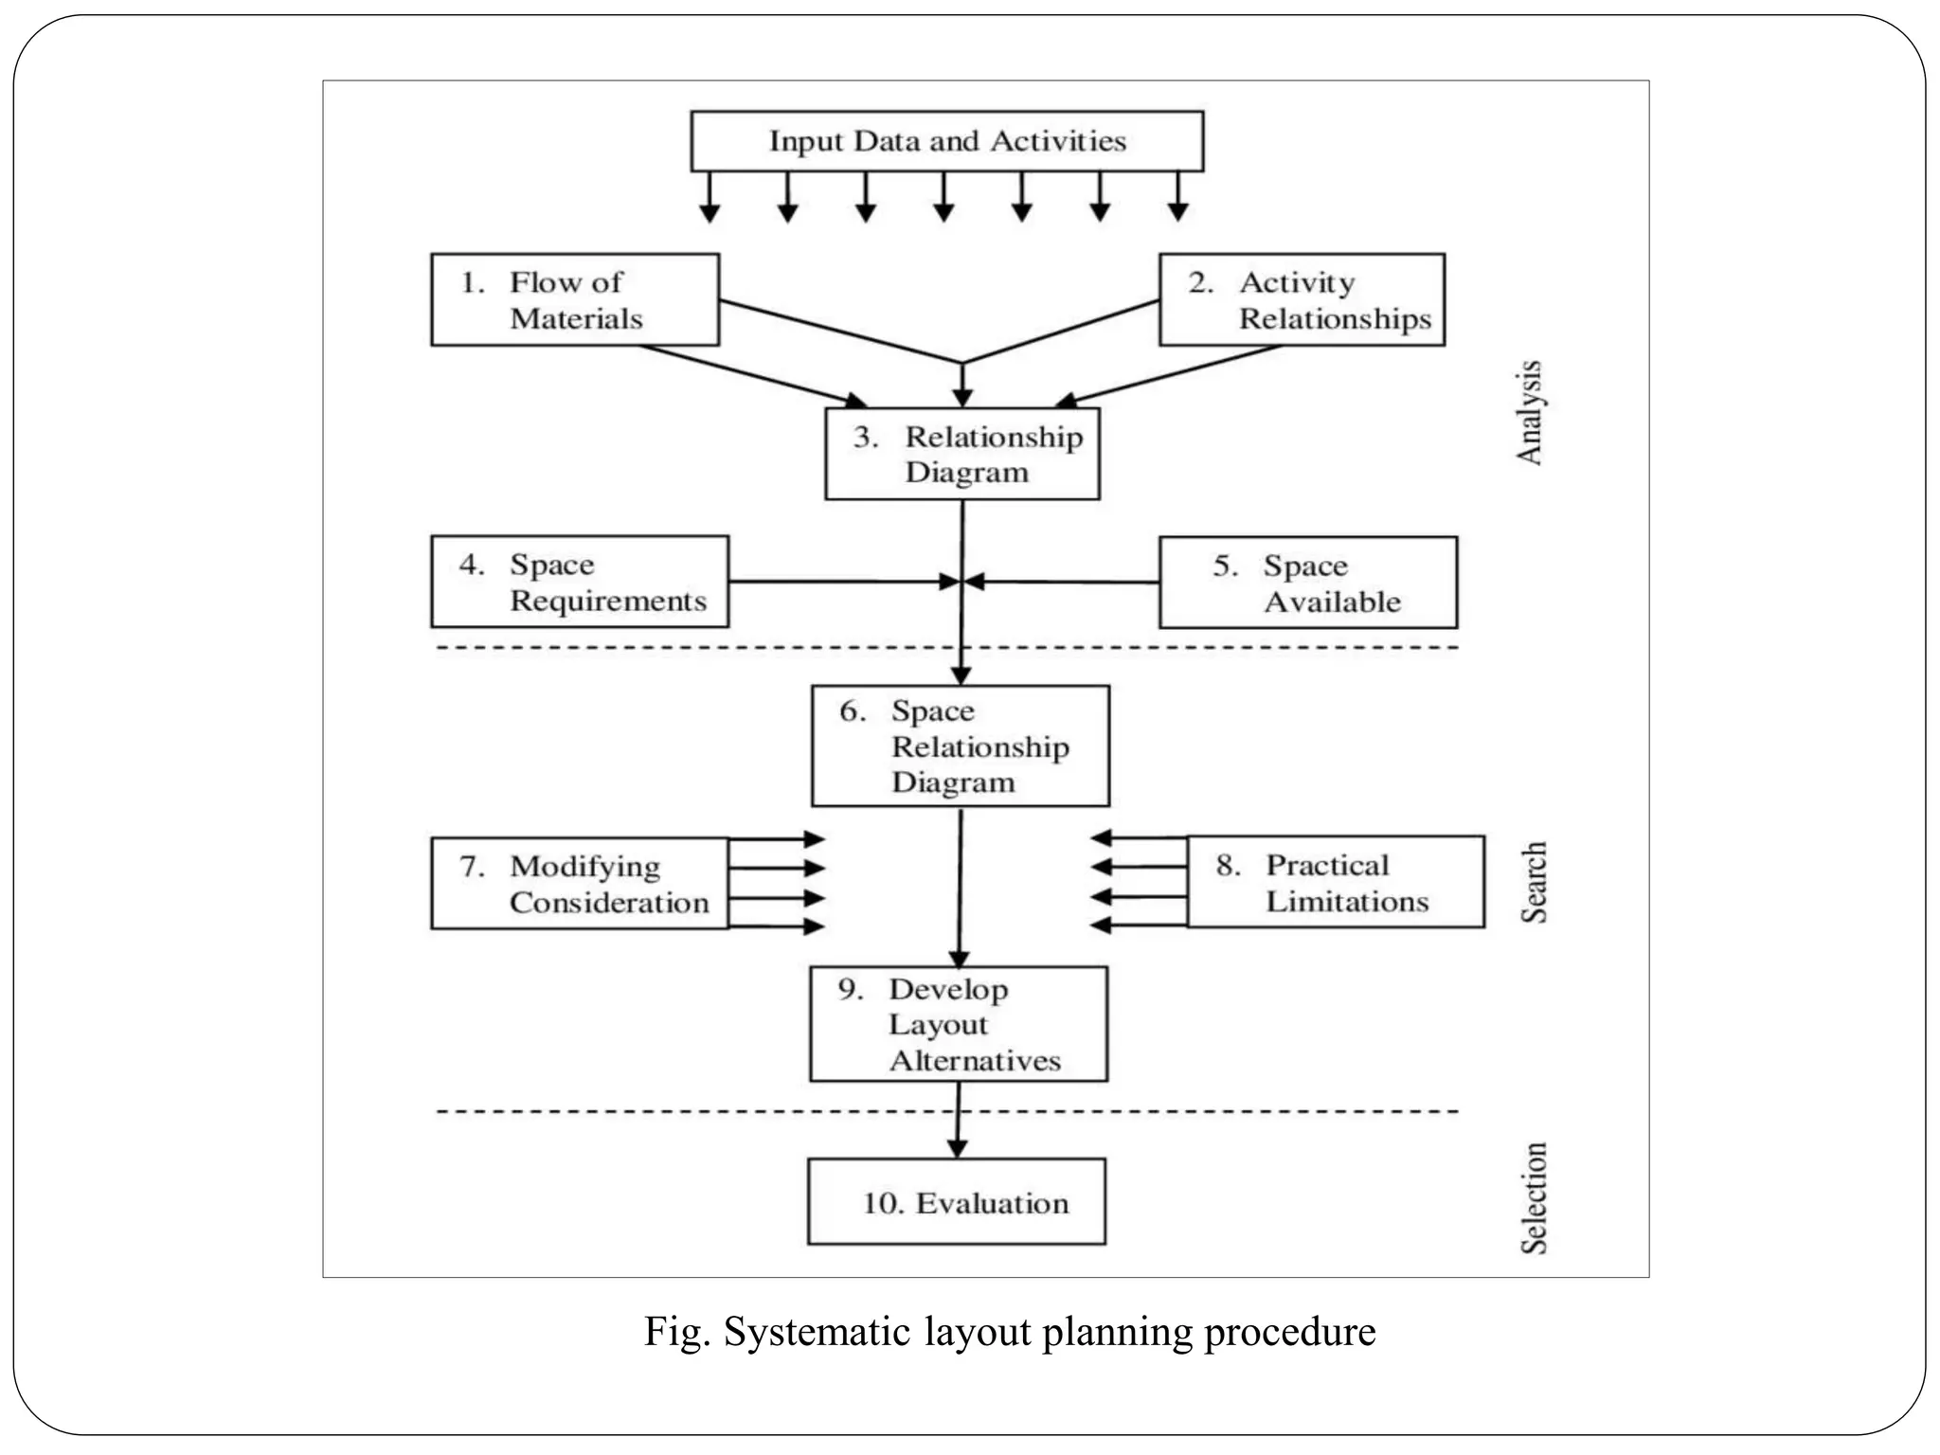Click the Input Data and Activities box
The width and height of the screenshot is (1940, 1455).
(946, 141)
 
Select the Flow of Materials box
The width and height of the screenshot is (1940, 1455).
(575, 299)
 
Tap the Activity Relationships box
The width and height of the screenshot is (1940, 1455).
(1302, 299)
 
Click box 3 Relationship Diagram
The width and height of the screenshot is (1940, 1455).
(962, 454)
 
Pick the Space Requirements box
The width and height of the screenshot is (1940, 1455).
(580, 582)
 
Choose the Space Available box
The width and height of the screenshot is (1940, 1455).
(1308, 583)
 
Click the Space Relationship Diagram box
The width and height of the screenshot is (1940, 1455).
(961, 746)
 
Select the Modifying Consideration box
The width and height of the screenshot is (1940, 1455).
(580, 883)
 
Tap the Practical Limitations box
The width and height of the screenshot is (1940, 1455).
(1336, 882)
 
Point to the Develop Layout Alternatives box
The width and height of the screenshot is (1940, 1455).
(959, 1024)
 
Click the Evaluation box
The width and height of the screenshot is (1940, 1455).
(957, 1201)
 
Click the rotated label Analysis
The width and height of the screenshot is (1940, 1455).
(1529, 413)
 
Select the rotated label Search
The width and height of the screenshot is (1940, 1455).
(1534, 882)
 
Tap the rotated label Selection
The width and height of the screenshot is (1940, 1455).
(1534, 1198)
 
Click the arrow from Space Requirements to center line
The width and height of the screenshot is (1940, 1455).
(843, 582)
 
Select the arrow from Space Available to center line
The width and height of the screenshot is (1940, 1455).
(1061, 582)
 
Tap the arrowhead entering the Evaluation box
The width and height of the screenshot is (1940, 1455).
(958, 1148)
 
